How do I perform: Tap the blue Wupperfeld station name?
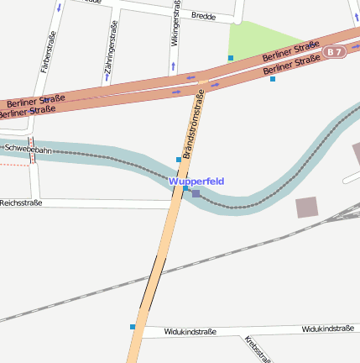[196, 181]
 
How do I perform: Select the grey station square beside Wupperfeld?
[196, 194]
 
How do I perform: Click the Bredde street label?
[204, 16]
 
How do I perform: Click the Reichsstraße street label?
[20, 203]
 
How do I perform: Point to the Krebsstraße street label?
[257, 349]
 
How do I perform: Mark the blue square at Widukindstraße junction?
[133, 327]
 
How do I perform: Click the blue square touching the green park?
[231, 58]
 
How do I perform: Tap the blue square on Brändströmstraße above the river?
[178, 160]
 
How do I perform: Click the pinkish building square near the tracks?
[307, 208]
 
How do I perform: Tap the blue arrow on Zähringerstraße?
[107, 82]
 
